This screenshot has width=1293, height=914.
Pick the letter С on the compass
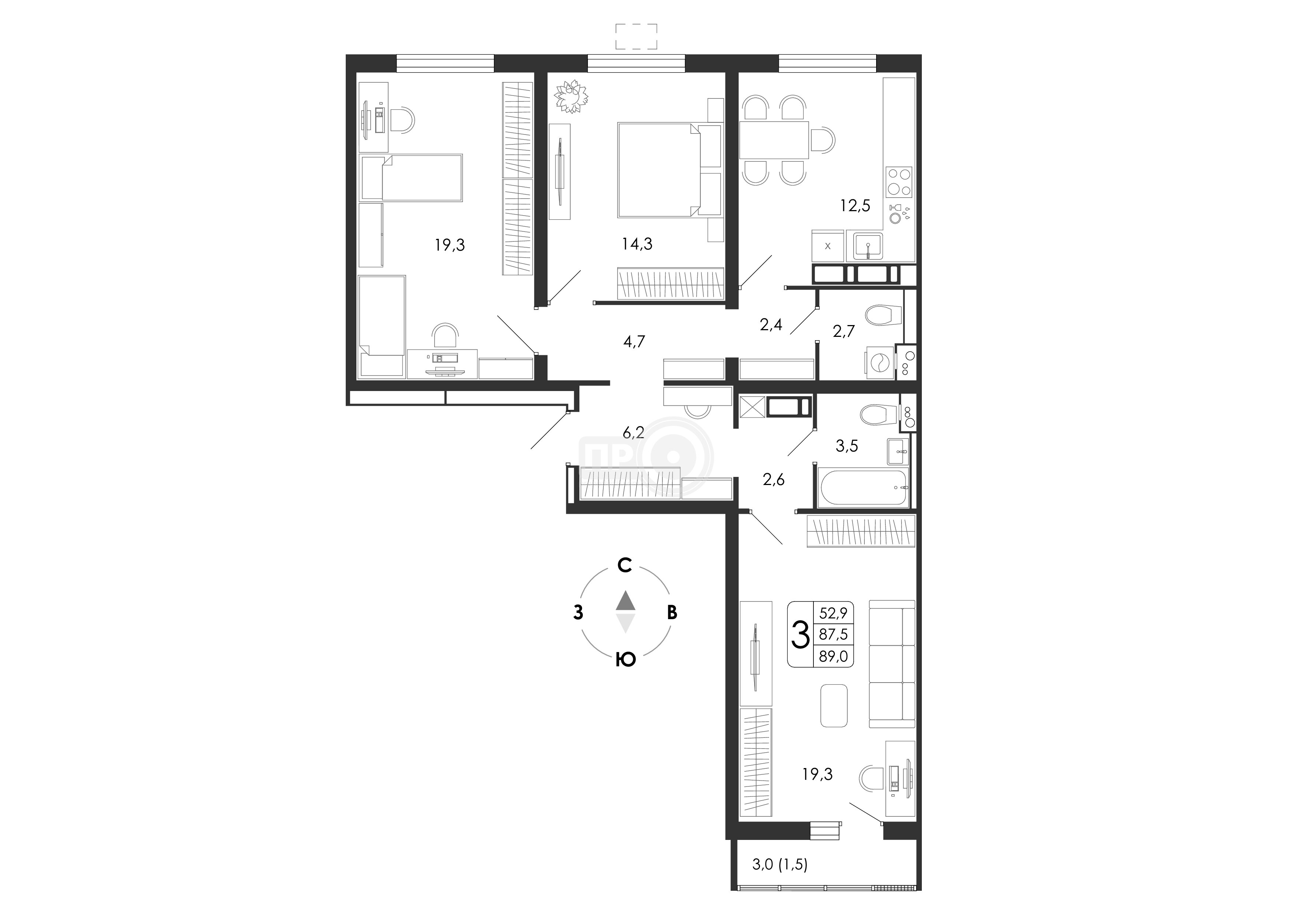tap(624, 565)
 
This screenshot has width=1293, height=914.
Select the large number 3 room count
tap(800, 635)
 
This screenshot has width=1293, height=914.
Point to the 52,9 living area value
tap(833, 613)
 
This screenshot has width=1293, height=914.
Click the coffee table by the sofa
tap(834, 705)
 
